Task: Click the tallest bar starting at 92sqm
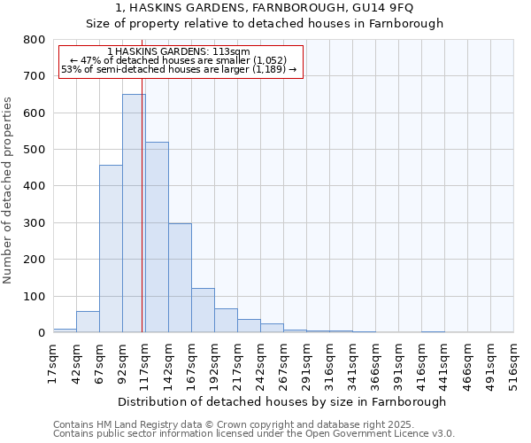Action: [x=134, y=213]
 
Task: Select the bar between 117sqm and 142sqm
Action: [x=157, y=237]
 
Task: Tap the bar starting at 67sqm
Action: [x=111, y=248]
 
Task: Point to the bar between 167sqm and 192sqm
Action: [x=203, y=310]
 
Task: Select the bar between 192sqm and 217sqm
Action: [x=226, y=321]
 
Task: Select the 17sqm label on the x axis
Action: [x=53, y=362]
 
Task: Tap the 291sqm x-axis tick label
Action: [x=306, y=362]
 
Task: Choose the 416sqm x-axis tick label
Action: [x=421, y=362]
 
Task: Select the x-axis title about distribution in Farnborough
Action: [x=281, y=401]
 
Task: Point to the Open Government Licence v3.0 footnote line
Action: [x=254, y=434]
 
